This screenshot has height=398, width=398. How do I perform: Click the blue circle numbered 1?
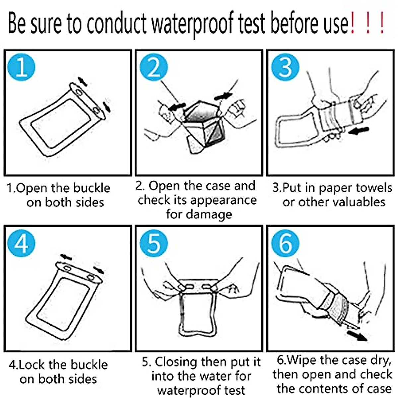(21, 67)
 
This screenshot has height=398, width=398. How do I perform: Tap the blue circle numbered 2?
(154, 67)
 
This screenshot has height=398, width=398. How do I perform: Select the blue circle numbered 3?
(285, 67)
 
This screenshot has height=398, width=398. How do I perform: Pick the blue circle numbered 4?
(21, 243)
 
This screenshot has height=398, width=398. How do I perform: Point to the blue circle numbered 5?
(154, 243)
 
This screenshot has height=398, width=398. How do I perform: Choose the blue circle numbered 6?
(285, 243)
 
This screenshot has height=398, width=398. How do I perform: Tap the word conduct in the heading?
(116, 23)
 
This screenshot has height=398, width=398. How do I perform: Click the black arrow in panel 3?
(358, 131)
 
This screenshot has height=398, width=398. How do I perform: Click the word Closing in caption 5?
(176, 363)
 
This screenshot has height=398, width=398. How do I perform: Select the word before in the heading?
(296, 23)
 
